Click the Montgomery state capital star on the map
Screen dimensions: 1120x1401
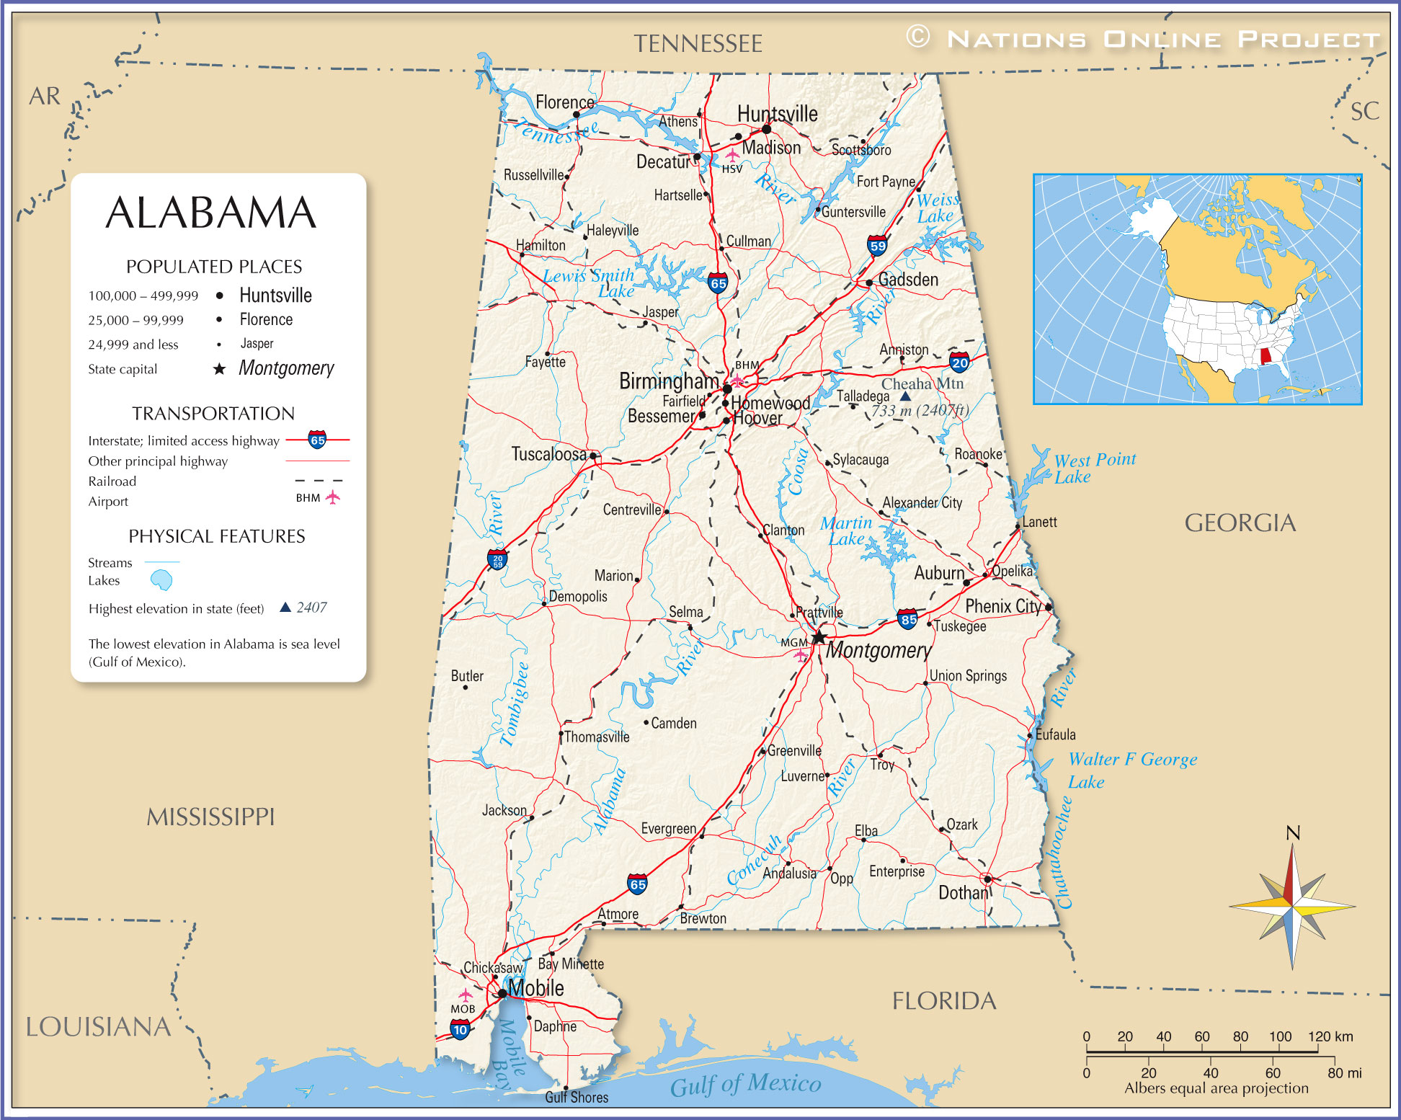(819, 637)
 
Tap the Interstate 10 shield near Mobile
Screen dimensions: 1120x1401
(461, 1030)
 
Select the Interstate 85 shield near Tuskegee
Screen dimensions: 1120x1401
(908, 618)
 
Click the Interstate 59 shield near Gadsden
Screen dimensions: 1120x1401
(877, 246)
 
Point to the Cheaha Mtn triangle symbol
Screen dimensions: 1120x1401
(905, 396)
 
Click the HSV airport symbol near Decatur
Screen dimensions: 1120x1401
(732, 155)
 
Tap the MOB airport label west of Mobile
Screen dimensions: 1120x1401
(463, 1009)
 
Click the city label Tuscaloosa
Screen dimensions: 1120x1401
(548, 454)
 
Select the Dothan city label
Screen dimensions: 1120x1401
(963, 893)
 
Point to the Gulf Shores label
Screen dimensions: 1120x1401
(577, 1098)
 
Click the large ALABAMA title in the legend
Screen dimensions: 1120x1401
(210, 213)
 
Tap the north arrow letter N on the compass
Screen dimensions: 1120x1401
(1293, 833)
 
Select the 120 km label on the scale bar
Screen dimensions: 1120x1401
(1330, 1036)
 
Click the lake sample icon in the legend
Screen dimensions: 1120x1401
(161, 579)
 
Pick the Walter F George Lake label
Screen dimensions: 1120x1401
(1131, 769)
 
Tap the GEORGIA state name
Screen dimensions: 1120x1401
(1240, 523)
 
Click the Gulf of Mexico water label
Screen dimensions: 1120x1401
(745, 1084)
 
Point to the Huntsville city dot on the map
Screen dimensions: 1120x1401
(766, 129)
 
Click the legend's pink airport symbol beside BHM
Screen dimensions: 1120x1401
(332, 497)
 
